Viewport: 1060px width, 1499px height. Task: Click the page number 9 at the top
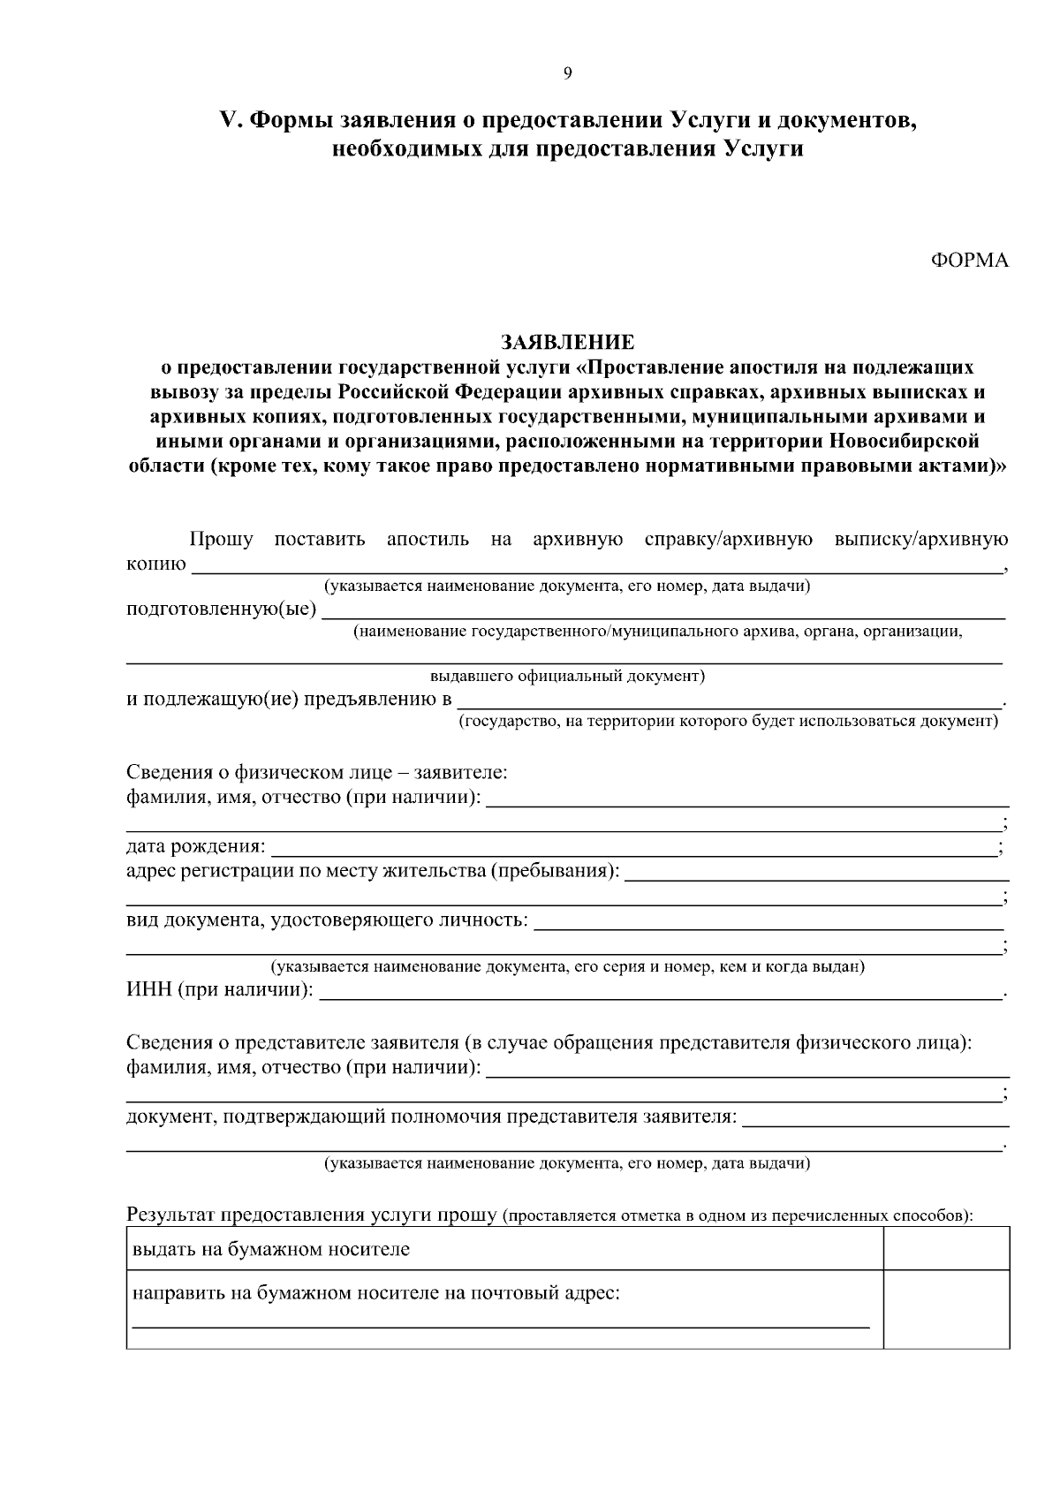(567, 73)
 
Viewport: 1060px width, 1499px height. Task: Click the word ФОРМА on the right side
(969, 261)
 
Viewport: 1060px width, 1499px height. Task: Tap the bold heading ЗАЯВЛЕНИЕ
(567, 342)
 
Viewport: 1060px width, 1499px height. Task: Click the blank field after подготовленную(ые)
(662, 612)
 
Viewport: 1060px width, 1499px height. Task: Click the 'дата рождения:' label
(195, 848)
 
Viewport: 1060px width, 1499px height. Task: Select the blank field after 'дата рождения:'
(632, 850)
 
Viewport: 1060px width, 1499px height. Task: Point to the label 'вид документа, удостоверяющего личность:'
(327, 921)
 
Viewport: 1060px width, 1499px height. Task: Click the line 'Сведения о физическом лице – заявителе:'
(316, 773)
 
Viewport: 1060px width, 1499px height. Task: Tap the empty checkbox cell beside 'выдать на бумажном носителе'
(946, 1249)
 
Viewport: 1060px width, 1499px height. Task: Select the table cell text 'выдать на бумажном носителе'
(271, 1250)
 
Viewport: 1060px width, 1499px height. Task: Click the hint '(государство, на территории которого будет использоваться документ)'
(728, 722)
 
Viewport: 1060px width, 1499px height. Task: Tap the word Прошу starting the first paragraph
(221, 540)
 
